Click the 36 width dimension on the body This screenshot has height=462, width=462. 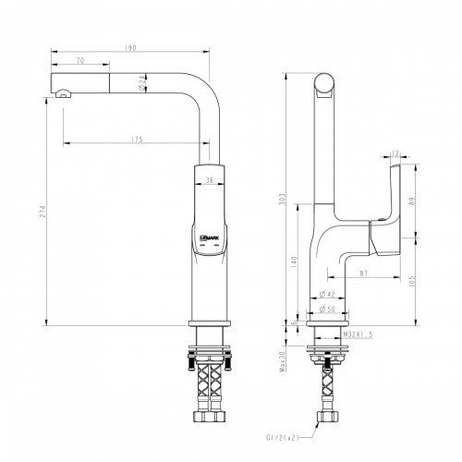210,181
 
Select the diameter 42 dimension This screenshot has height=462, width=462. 325,295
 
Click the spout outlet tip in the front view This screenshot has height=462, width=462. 61,93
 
